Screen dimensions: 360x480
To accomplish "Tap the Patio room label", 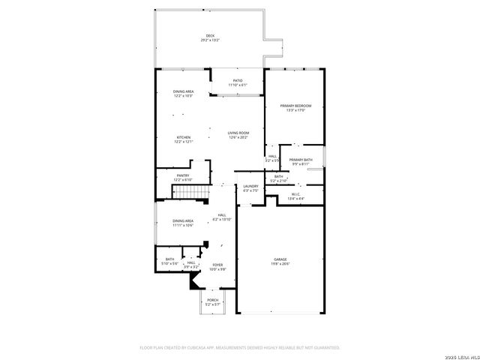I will [x=238, y=81].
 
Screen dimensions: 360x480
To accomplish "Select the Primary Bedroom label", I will [x=295, y=106].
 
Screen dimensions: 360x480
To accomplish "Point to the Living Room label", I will [x=238, y=133].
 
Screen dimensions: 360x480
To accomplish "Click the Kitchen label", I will [x=183, y=137].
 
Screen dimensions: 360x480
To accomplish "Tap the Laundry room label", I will [x=250, y=186].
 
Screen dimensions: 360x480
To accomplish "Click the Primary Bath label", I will [x=301, y=160].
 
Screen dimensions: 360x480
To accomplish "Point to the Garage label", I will [x=280, y=259].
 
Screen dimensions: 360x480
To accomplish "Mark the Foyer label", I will [x=217, y=265].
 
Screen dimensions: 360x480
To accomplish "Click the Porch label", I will [x=213, y=300].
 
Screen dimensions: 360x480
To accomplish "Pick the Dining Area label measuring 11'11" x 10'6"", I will [x=183, y=221].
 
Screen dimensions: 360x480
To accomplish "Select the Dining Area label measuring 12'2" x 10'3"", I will [x=184, y=91].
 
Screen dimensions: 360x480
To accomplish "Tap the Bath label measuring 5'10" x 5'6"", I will [x=169, y=259].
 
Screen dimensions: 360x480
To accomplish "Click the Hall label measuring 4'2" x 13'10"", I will [x=222, y=215].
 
